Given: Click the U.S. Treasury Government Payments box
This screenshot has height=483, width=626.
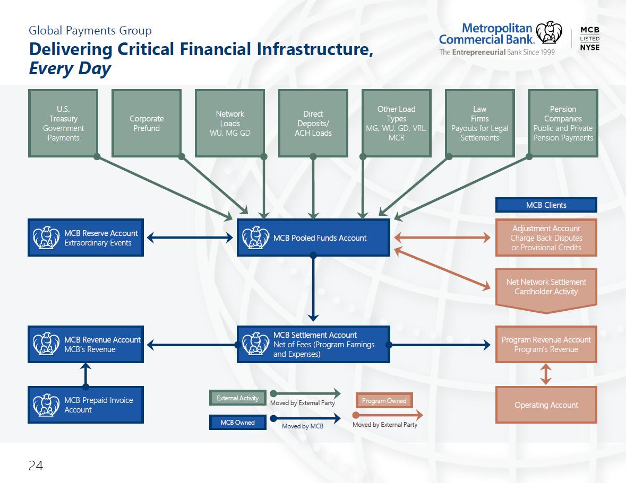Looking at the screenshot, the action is pyautogui.click(x=63, y=123).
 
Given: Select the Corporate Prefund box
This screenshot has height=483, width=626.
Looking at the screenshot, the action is pyautogui.click(x=147, y=123).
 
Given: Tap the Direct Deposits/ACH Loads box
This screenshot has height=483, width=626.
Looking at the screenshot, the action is pyautogui.click(x=313, y=123).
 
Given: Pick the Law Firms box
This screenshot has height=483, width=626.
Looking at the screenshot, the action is pyautogui.click(x=479, y=123).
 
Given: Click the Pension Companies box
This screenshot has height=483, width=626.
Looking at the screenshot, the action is pyautogui.click(x=563, y=123).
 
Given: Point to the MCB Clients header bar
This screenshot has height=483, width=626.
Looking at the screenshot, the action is pyautogui.click(x=546, y=205).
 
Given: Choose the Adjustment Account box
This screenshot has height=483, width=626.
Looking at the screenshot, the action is pyautogui.click(x=546, y=238).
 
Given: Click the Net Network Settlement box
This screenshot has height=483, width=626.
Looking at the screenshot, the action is pyautogui.click(x=546, y=289).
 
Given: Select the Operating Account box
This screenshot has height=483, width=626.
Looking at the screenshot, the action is pyautogui.click(x=546, y=405).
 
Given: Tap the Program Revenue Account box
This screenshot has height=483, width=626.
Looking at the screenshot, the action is pyautogui.click(x=546, y=344).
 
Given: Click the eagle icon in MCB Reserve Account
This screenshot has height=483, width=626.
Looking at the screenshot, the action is pyautogui.click(x=46, y=238).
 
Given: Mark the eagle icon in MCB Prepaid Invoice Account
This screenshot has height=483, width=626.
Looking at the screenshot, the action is pyautogui.click(x=46, y=405).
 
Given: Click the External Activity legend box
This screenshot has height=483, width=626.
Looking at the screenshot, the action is pyautogui.click(x=237, y=398).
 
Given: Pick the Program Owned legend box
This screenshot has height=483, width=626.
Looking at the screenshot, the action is pyautogui.click(x=384, y=400).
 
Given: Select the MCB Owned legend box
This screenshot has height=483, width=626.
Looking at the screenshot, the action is pyautogui.click(x=237, y=423).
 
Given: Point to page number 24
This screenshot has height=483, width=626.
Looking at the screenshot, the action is pyautogui.click(x=36, y=466).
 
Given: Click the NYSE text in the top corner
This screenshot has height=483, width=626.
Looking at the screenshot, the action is pyautogui.click(x=590, y=47).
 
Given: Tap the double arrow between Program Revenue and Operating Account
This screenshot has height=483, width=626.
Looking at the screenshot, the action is pyautogui.click(x=546, y=374).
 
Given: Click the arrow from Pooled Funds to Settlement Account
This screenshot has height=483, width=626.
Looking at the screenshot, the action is pyautogui.click(x=313, y=288).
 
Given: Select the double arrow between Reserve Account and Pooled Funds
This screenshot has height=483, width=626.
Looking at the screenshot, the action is pyautogui.click(x=190, y=238).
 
